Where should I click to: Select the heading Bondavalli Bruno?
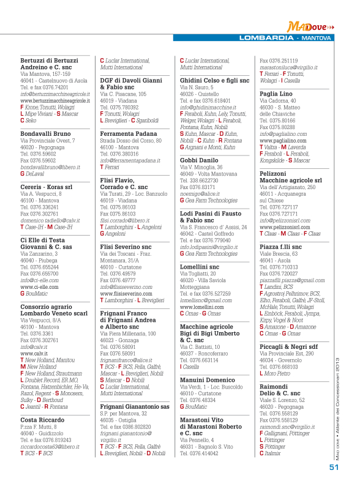(45, 133)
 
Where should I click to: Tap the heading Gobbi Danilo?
(200, 160)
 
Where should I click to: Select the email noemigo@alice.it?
(200, 192)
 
